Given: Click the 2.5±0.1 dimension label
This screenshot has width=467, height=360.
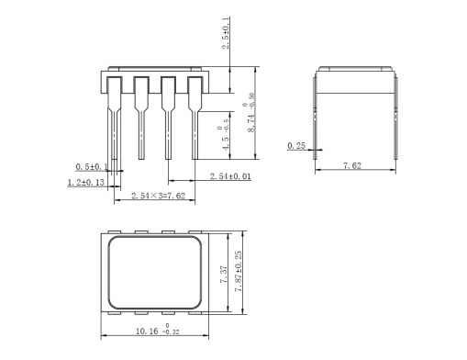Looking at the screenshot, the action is [226, 33].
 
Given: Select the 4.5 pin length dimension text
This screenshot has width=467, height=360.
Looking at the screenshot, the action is [226, 143].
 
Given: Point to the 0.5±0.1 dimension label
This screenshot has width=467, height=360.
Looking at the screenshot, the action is [92, 167].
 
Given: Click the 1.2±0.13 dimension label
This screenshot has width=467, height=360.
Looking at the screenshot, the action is [85, 183].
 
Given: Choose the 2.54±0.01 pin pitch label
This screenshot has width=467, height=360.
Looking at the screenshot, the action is [230, 176].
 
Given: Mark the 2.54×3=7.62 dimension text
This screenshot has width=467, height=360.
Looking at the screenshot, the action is [159, 196].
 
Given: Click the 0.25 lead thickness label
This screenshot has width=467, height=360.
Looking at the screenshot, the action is [296, 146].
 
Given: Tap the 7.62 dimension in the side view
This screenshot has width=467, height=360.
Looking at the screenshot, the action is [352, 165].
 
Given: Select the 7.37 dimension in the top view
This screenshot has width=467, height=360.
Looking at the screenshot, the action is [224, 274].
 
